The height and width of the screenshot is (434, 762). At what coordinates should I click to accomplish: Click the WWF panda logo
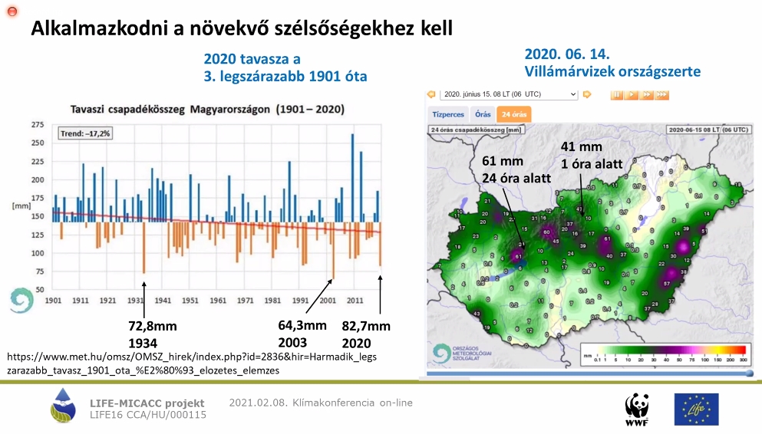click(x=636, y=409)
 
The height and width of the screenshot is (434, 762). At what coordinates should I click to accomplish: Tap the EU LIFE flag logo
click(x=696, y=409)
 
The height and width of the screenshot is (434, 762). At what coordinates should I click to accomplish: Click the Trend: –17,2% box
click(x=85, y=133)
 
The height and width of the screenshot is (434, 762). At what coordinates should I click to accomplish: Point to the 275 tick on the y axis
click(x=37, y=124)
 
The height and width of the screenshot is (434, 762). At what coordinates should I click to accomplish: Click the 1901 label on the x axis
click(x=54, y=301)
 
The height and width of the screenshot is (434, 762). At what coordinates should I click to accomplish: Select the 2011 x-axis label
click(x=355, y=301)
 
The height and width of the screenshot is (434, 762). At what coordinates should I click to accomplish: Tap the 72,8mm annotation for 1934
click(x=153, y=326)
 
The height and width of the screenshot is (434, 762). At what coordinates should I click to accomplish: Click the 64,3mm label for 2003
click(x=302, y=325)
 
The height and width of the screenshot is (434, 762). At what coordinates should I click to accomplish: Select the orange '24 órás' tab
click(x=513, y=113)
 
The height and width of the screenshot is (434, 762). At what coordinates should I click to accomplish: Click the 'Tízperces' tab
click(x=448, y=113)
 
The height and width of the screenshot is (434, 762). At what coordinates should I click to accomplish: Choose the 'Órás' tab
click(x=483, y=113)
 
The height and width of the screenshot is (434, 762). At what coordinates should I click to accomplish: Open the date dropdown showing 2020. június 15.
click(x=510, y=94)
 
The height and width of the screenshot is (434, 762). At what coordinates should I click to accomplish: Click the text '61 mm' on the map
click(x=502, y=161)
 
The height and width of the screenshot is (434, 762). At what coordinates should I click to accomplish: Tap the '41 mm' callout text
click(x=580, y=146)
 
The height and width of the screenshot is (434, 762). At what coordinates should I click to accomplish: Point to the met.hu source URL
click(x=192, y=363)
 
